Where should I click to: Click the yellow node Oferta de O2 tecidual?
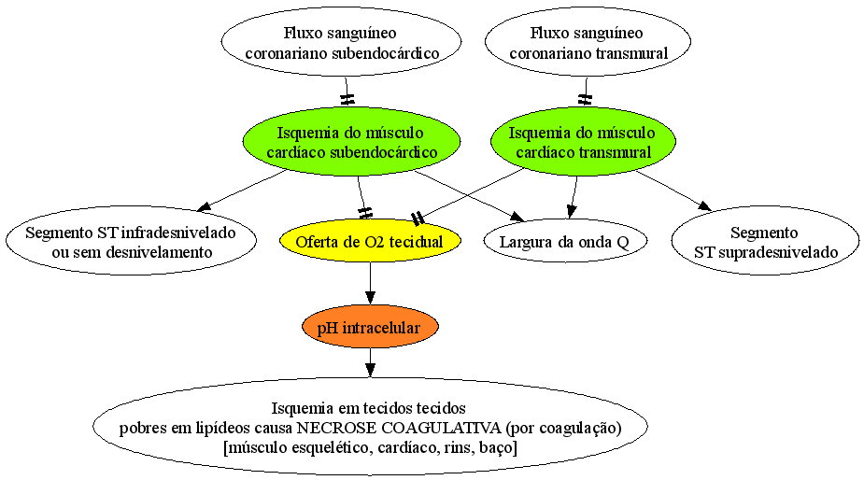coord(370,241)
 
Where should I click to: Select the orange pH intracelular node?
coord(370,328)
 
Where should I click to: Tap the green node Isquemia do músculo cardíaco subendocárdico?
coord(351,142)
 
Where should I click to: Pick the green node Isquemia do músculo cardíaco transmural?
coord(583,142)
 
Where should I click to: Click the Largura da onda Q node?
coord(565,241)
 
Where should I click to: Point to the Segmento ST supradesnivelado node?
coord(765,241)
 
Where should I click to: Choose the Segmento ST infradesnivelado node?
coord(131,241)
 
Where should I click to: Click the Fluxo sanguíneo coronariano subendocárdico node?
coord(342,42)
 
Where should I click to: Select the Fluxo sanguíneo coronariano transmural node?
coord(588,42)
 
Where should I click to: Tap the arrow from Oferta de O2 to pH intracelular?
coord(370,283)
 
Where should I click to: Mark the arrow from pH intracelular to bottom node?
coord(370,363)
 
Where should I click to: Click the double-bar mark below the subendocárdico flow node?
coord(347,100)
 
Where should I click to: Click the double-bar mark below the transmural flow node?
coord(585,100)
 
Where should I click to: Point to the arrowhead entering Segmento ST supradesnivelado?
coord(705,205)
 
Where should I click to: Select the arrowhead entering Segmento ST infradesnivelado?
coord(204,206)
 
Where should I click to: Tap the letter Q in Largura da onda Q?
coord(623,243)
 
